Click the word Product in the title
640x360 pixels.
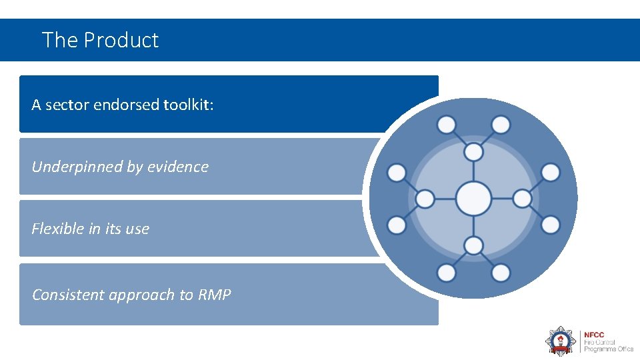click(121, 40)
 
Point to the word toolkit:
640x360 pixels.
click(189, 105)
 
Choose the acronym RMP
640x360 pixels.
click(214, 295)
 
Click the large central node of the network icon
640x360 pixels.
click(473, 199)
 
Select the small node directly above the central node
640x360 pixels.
click(473, 152)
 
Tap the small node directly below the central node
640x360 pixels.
click(473, 245)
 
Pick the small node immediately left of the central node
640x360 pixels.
click(425, 199)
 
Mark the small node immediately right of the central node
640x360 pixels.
click(522, 199)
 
